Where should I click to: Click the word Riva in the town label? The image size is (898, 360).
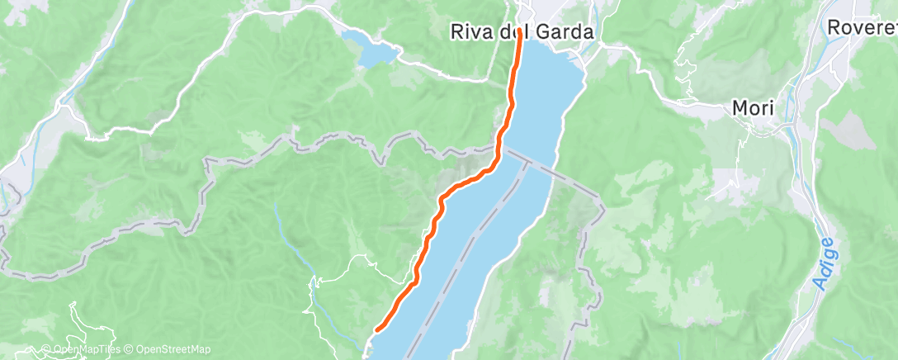tap(469, 32)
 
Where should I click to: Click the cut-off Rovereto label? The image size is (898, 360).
tap(863, 27)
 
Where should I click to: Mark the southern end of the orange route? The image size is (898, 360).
tap(377, 329)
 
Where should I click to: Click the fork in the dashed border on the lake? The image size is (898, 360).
tap(526, 161)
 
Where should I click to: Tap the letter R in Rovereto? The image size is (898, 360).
tap(834, 27)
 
